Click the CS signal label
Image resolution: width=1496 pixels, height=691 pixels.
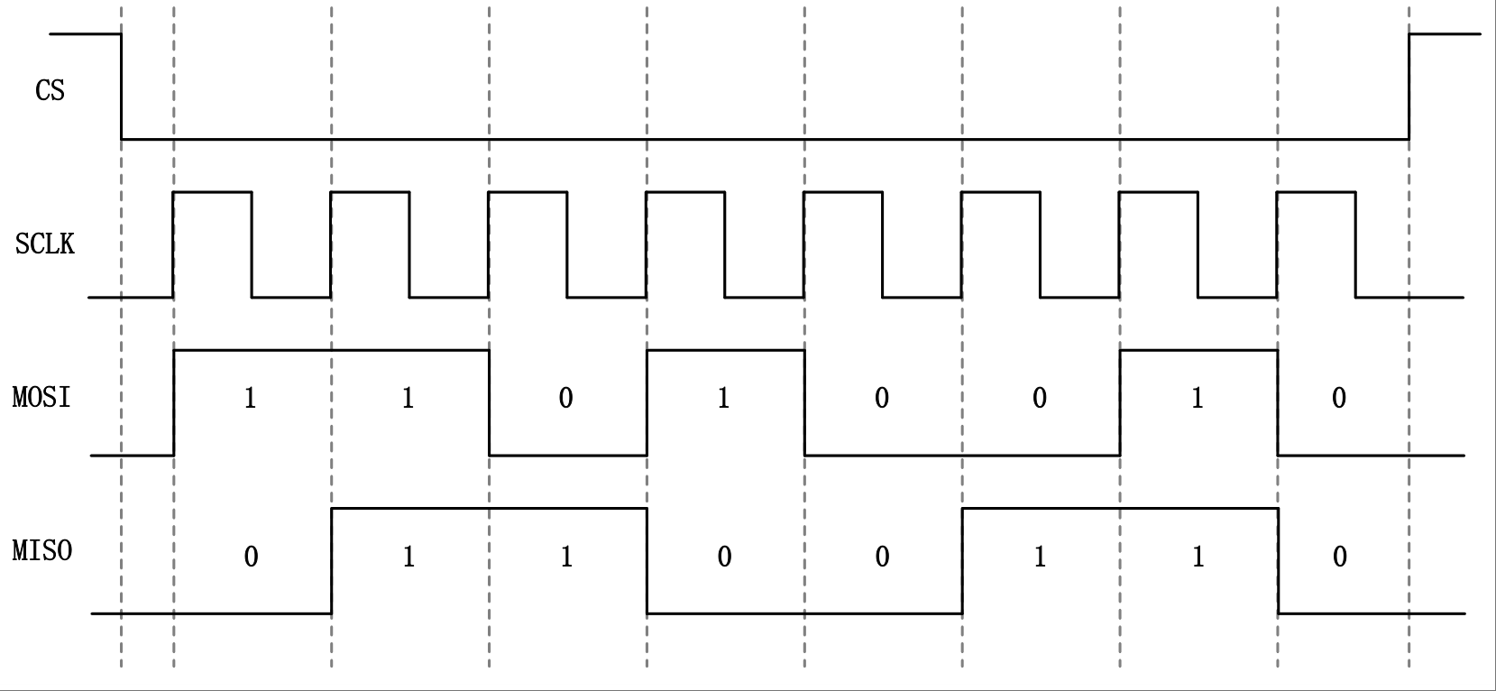click(50, 90)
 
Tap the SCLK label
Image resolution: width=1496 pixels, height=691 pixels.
click(45, 244)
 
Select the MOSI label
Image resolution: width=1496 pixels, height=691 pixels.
click(41, 397)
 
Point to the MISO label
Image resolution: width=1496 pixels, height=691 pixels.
click(42, 550)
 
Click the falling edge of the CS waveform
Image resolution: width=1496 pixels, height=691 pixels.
click(122, 87)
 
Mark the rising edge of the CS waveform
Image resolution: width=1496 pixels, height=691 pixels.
click(1409, 87)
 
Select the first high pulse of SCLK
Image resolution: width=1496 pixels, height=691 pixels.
click(213, 192)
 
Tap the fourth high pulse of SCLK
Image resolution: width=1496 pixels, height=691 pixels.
click(685, 192)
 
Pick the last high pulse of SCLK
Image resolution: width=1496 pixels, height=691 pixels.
click(1317, 192)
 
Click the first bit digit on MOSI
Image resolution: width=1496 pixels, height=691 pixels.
click(250, 399)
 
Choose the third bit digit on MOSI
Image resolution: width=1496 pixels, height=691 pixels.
click(565, 399)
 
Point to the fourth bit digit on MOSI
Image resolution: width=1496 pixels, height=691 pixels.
click(723, 399)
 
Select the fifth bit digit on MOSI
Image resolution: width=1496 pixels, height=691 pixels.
click(882, 399)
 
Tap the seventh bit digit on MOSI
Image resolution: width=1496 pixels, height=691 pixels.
click(1197, 399)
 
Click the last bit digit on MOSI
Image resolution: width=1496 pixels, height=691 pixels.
click(1339, 399)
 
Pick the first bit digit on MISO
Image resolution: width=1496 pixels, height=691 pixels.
click(251, 557)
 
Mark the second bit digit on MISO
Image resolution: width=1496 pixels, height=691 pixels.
click(408, 557)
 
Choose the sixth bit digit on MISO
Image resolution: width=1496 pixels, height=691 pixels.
click(1039, 557)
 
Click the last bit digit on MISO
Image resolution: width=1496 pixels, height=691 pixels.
click(1340, 557)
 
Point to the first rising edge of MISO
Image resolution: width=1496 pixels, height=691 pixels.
click(332, 561)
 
